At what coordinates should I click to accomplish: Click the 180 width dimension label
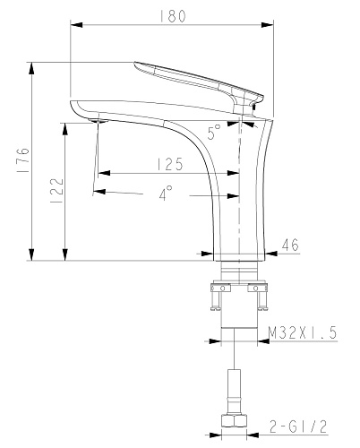coord(173,16)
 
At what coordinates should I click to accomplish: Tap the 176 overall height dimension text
coord(23,159)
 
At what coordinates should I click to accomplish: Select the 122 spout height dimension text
coord(57,191)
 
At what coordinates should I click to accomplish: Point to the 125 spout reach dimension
coord(170,164)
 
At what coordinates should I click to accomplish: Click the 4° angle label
coord(166,193)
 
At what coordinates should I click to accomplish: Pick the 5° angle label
coord(214,132)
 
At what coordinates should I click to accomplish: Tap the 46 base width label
coord(290,245)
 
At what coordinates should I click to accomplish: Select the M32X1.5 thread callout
coord(303,332)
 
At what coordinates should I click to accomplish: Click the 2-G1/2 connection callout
coord(298,426)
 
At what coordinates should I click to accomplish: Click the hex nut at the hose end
coord(235,420)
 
